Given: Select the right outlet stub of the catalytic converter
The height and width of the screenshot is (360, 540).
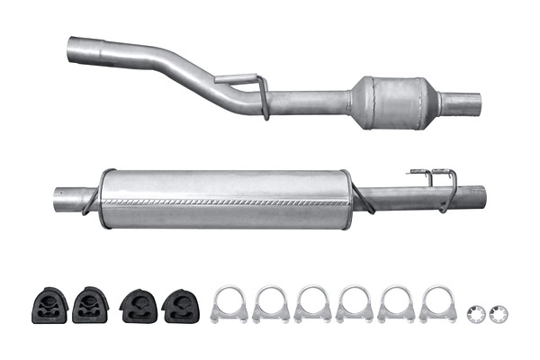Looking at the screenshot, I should pos(463,103).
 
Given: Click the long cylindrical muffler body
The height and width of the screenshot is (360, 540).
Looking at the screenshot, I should pos(225,198).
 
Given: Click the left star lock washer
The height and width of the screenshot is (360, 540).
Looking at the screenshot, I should pos(478,313).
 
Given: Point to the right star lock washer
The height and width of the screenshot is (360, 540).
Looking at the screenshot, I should pos(499,313).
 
